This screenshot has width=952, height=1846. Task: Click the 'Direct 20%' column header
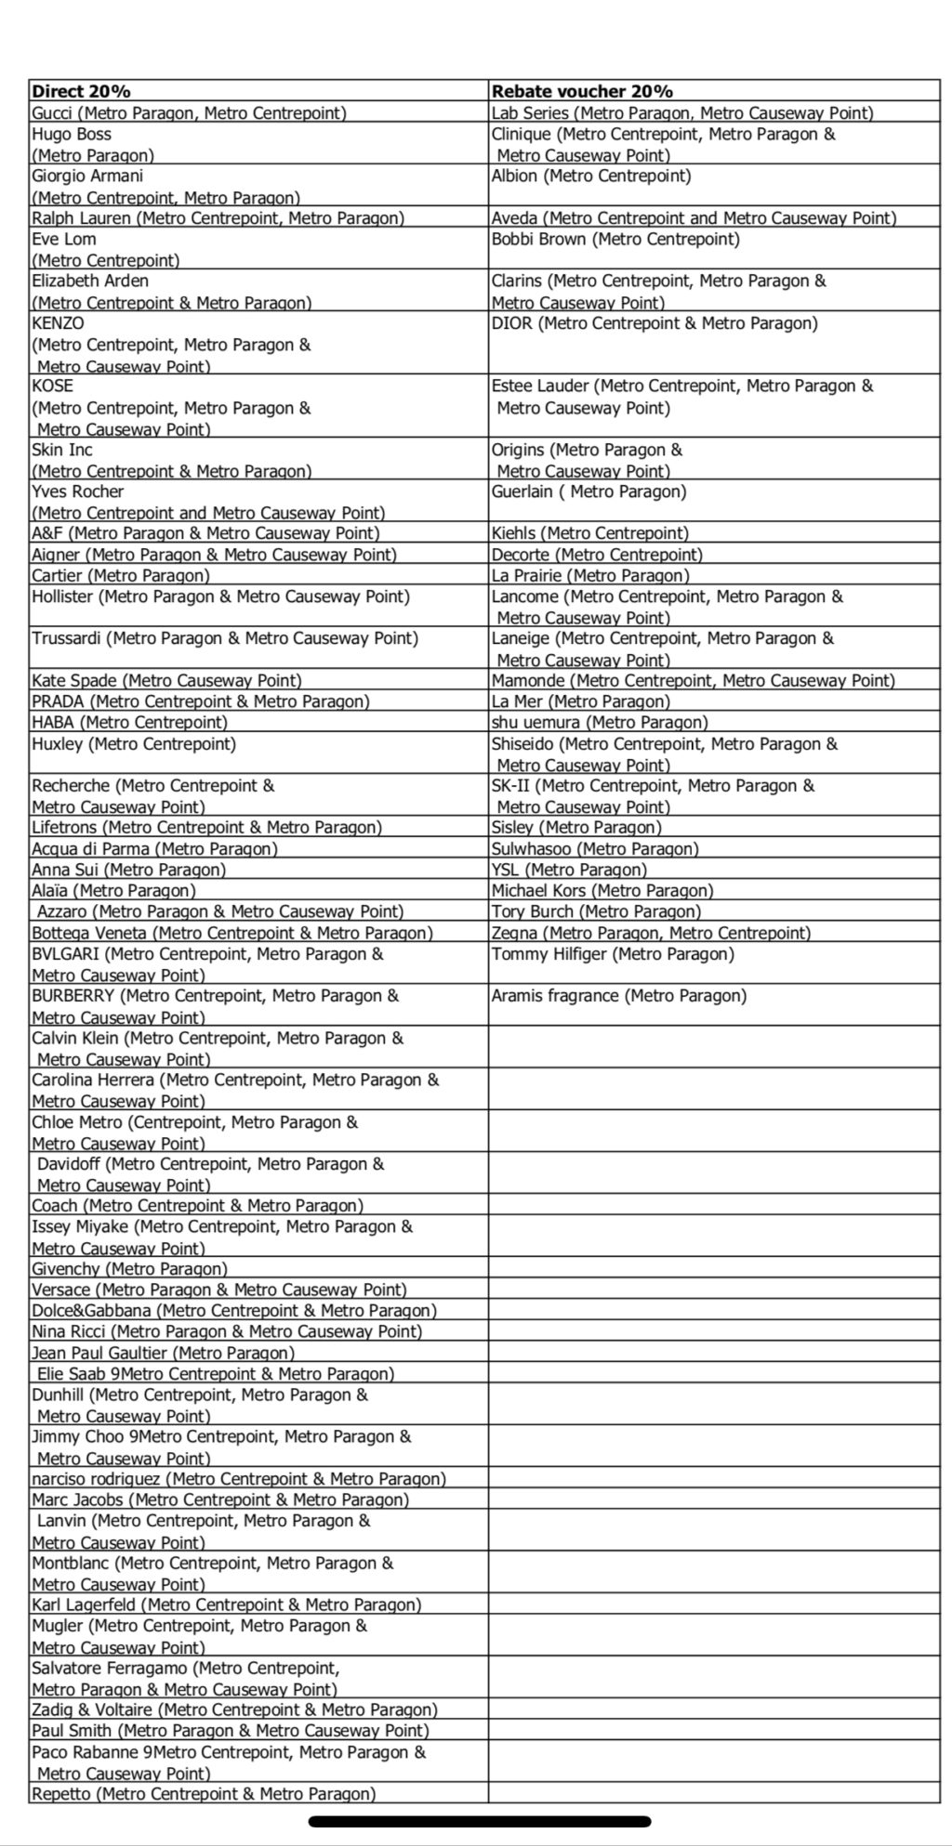82,91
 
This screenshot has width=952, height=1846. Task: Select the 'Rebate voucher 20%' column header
582,91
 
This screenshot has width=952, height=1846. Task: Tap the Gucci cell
189,113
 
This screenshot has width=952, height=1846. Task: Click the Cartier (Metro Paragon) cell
121,576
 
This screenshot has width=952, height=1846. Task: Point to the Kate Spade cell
166,681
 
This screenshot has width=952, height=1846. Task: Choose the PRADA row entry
201,701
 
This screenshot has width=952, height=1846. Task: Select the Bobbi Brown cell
615,240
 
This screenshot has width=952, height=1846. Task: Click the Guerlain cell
588,492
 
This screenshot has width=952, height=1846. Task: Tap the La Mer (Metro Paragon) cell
581,701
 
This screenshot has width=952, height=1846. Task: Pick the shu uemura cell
600,723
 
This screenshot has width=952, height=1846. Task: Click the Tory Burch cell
596,911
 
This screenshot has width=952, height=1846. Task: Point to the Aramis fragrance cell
619,996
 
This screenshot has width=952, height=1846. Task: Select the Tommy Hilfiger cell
613,954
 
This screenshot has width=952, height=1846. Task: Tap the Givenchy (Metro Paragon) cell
129,1269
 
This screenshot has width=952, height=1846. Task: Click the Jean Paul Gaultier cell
163,1353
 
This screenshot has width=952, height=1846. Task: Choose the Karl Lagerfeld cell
226,1605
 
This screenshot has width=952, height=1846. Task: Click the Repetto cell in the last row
204,1794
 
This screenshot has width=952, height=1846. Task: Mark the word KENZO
58,323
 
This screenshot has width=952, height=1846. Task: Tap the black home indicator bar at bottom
479,1822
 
